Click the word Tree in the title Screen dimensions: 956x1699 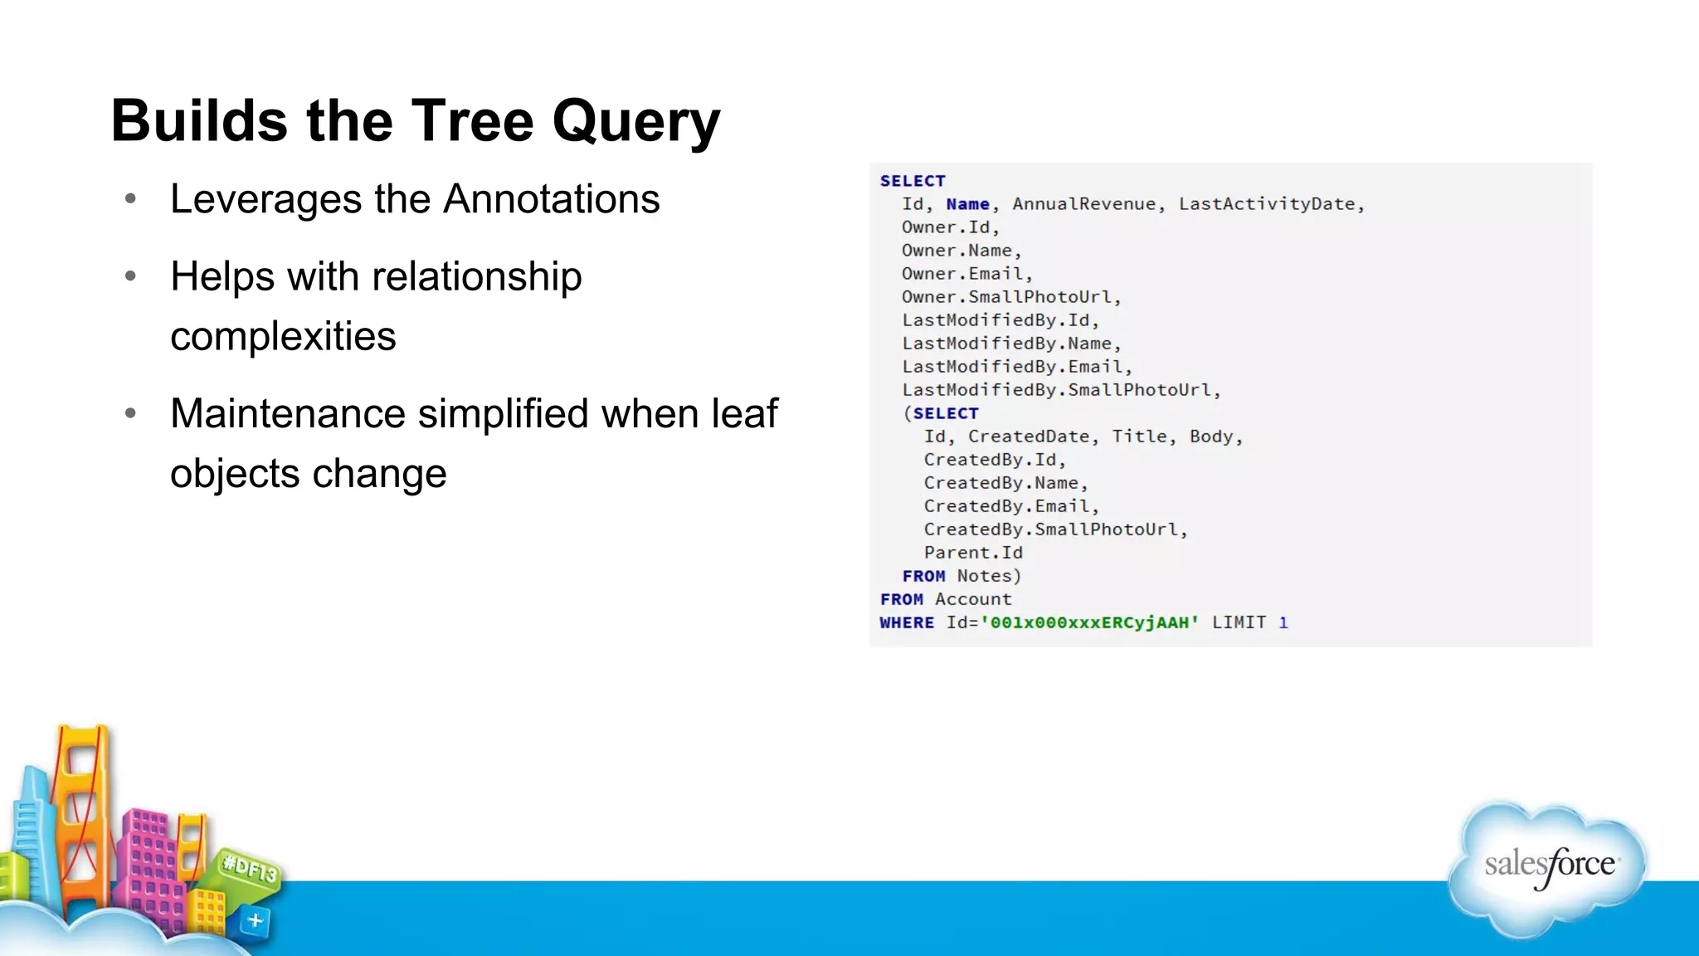[473, 121]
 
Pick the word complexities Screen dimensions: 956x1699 [283, 336]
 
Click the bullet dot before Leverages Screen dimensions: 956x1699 [130, 199]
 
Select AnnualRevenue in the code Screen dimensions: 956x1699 [1083, 204]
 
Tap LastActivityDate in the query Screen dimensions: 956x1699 [1267, 204]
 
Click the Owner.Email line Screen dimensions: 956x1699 [966, 274]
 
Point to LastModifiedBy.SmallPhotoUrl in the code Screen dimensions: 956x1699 [1060, 390]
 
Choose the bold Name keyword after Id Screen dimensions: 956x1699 [967, 204]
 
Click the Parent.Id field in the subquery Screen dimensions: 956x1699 [973, 553]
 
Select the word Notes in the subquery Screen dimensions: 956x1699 [984, 576]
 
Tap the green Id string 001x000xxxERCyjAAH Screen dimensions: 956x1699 [1089, 622]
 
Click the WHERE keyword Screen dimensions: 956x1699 [907, 622]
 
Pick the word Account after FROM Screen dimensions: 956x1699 [973, 599]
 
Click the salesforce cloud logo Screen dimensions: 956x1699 [1548, 867]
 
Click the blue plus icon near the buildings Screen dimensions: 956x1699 [255, 920]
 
